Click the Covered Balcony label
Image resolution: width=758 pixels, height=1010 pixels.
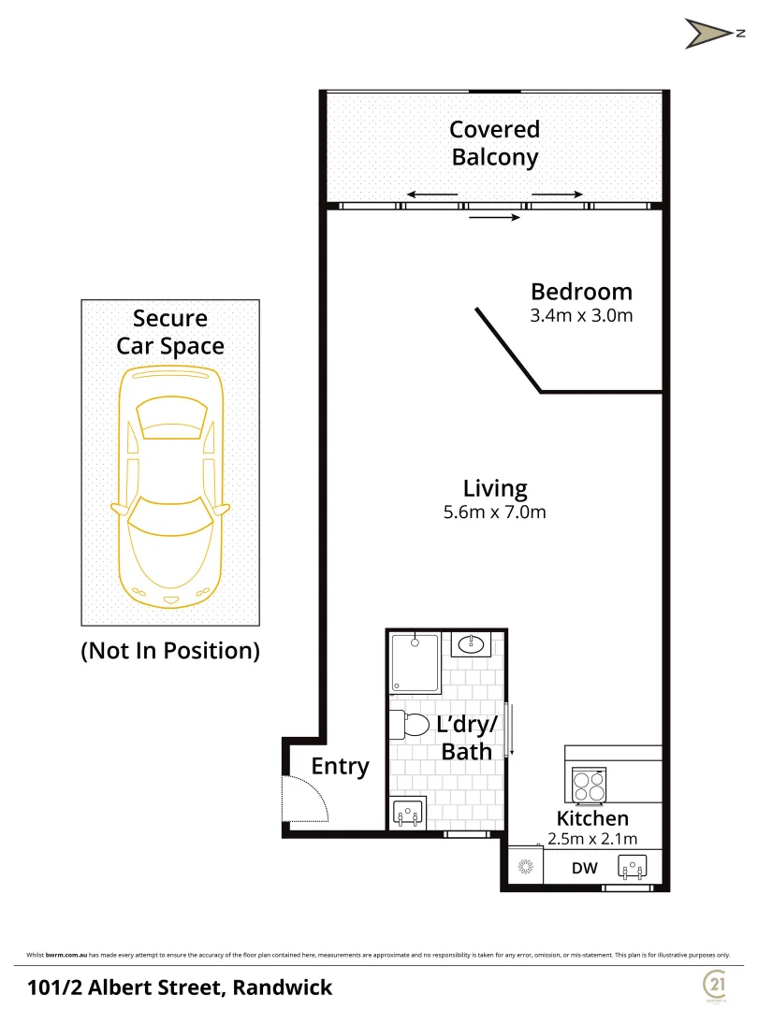(494, 143)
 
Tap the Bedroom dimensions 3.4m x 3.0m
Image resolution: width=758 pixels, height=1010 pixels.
(581, 316)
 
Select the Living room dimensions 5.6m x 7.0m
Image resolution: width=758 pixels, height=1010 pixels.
(495, 512)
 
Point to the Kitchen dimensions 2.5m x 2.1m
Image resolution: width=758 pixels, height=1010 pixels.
(591, 839)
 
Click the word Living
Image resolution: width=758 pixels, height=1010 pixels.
(495, 488)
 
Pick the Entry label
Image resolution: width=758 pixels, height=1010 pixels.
(340, 767)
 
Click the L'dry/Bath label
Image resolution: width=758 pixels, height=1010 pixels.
(466, 738)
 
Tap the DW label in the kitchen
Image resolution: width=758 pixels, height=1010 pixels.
(584, 869)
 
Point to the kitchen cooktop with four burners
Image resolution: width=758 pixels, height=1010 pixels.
(589, 786)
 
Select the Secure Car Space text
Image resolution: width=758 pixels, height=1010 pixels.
(169, 332)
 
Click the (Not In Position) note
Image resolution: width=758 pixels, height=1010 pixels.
(169, 651)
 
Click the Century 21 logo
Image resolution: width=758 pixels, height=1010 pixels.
(715, 984)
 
